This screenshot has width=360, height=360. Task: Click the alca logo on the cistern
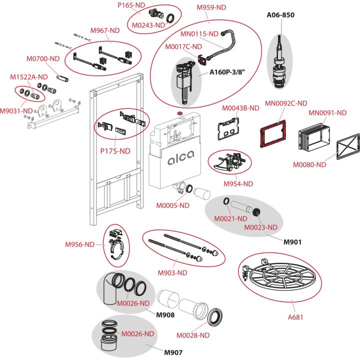pyautogui.click(x=180, y=158)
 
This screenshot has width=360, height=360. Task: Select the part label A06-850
pyautogui.click(x=280, y=15)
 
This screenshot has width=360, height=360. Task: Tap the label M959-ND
pyautogui.click(x=211, y=7)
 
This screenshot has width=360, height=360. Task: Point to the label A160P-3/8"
pyautogui.click(x=227, y=72)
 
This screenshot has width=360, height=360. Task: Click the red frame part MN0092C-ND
pyautogui.click(x=273, y=133)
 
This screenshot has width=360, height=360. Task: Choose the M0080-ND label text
pyautogui.click(x=309, y=164)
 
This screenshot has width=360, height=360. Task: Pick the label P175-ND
pyautogui.click(x=115, y=151)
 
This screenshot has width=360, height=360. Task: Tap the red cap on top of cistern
pyautogui.click(x=180, y=113)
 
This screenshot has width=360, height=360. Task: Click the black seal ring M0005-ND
pyautogui.click(x=189, y=188)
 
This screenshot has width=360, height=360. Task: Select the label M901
pyautogui.click(x=292, y=242)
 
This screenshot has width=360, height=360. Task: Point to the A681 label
pyautogui.click(x=295, y=317)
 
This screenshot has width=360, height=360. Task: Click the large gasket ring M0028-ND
pyautogui.click(x=215, y=317)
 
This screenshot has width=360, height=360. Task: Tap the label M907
pyautogui.click(x=173, y=352)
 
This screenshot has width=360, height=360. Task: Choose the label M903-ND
pyautogui.click(x=172, y=273)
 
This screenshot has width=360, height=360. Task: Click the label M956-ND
pyautogui.click(x=79, y=244)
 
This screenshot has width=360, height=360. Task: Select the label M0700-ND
pyautogui.click(x=43, y=59)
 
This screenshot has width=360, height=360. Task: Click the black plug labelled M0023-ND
pyautogui.click(x=256, y=211)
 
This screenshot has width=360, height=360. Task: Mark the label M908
pyautogui.click(x=165, y=315)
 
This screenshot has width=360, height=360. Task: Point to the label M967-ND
pyautogui.click(x=105, y=30)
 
